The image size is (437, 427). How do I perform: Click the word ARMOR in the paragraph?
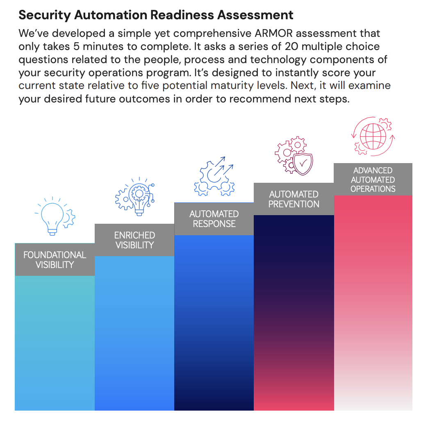[x=273, y=34]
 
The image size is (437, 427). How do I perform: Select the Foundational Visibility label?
[x=55, y=259]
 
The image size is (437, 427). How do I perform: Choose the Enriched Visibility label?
[x=134, y=240]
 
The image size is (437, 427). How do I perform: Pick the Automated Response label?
[x=214, y=219]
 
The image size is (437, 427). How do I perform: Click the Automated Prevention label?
[x=294, y=199]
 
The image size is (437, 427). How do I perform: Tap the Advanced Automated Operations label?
[x=373, y=179]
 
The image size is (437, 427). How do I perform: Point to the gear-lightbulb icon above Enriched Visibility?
[x=135, y=196]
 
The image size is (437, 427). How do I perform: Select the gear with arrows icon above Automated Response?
[x=214, y=176]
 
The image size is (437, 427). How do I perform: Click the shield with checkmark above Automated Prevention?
[x=303, y=164]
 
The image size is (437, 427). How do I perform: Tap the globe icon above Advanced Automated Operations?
[x=373, y=136]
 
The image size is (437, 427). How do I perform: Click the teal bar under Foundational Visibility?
[x=55, y=343]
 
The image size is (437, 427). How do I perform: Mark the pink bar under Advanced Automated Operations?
[x=373, y=303]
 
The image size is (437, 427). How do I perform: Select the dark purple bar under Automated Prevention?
[x=294, y=313]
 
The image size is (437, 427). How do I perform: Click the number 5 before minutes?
[x=76, y=46]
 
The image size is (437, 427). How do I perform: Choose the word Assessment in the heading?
[x=255, y=15]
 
